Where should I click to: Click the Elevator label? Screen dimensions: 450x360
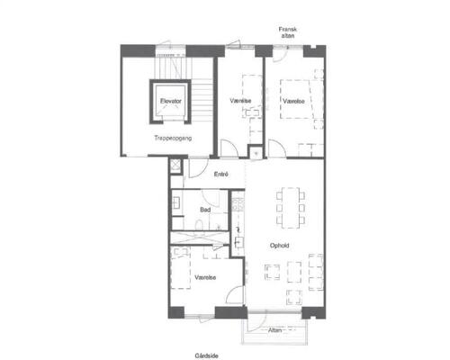[x=171, y=101]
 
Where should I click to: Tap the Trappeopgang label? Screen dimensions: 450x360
[x=173, y=138]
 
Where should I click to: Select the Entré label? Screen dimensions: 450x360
[x=221, y=174]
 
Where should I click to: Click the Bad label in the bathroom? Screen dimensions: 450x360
[x=205, y=210]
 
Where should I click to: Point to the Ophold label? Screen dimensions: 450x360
[x=279, y=246]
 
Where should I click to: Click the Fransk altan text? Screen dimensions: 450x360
[x=288, y=32]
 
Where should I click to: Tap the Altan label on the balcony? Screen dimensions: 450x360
[x=274, y=330]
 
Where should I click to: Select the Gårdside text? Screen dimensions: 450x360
[x=206, y=355]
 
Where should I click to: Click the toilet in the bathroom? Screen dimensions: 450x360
[x=199, y=225]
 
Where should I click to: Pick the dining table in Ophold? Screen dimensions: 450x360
[x=291, y=208]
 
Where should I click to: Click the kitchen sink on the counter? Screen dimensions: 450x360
[x=238, y=242]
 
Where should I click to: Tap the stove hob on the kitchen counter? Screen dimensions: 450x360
[x=238, y=204]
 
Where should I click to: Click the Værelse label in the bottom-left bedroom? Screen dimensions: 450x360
[x=205, y=277]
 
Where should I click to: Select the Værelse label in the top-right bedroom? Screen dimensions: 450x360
[x=293, y=101]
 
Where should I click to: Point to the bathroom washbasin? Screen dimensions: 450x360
[x=176, y=202]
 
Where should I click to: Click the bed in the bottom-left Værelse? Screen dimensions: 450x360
[x=181, y=268]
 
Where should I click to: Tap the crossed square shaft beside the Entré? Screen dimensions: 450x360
[x=175, y=165]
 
